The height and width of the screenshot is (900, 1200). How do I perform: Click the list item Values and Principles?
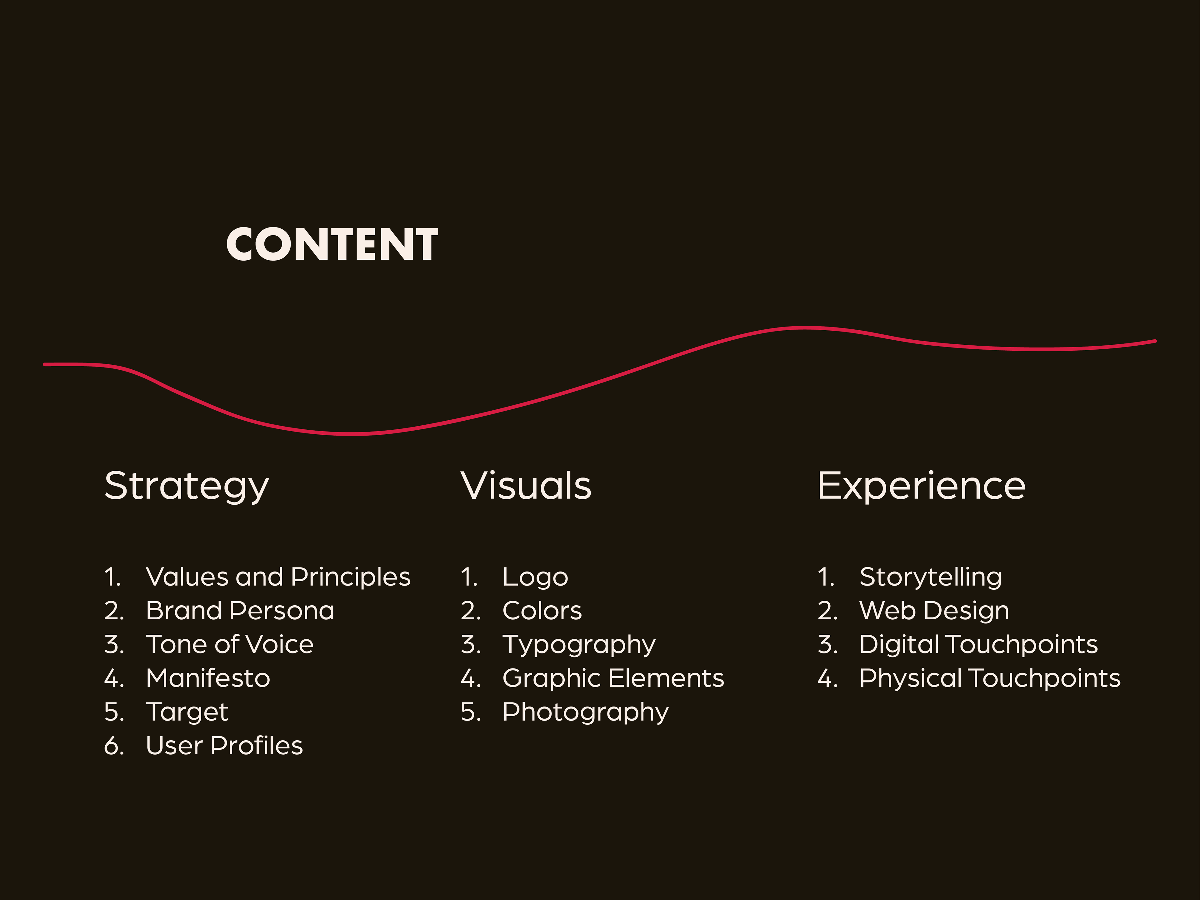pos(278,577)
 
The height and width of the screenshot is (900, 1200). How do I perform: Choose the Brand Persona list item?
pos(240,611)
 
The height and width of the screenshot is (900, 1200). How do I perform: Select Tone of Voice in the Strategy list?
pos(229,644)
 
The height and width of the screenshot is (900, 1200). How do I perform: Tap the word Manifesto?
pos(208,678)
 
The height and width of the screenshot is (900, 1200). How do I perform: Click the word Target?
pos(187,712)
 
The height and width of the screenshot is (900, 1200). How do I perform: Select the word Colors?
pos(542,611)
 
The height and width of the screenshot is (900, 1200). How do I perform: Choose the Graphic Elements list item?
pos(613,678)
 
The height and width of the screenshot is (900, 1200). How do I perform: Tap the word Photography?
pos(585,712)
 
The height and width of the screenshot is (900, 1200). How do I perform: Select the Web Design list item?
pos(934,611)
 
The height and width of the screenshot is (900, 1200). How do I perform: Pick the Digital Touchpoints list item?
pos(978,644)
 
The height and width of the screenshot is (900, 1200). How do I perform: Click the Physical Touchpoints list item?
pos(989,678)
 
